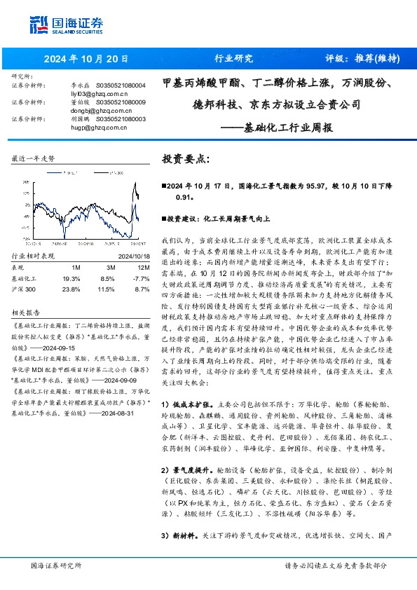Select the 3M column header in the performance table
pyautogui.click(x=111, y=267)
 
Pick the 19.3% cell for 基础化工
pyautogui.click(x=71, y=277)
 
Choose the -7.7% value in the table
pyautogui.click(x=142, y=277)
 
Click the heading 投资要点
pyautogui.click(x=186, y=159)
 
